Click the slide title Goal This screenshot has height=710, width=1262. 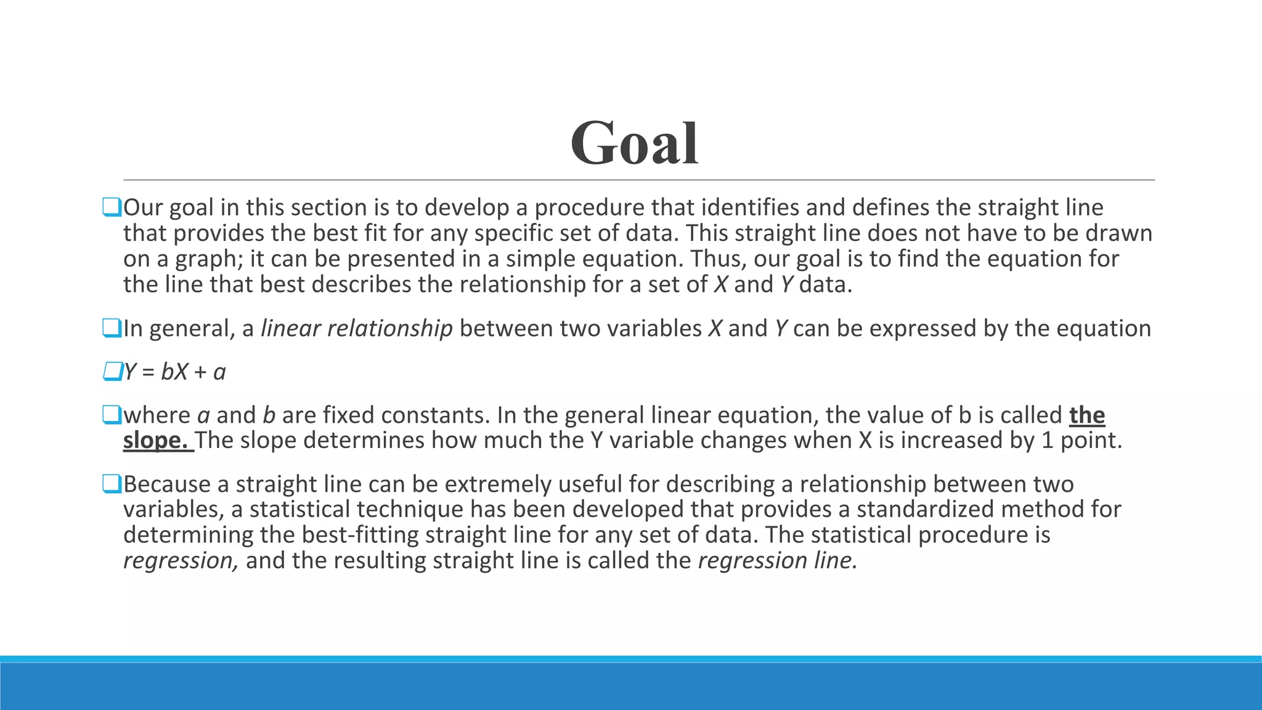click(x=634, y=144)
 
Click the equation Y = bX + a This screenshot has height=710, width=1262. click(x=175, y=372)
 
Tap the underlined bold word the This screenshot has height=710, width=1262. click(x=1087, y=415)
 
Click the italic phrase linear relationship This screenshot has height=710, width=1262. click(x=357, y=328)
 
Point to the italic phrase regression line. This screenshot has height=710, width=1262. click(x=777, y=561)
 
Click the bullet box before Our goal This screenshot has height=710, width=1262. click(x=112, y=207)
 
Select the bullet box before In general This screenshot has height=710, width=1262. click(x=112, y=328)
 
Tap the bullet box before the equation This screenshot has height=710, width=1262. click(x=112, y=372)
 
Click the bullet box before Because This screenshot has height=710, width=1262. click(x=112, y=484)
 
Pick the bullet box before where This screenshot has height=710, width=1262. click(x=112, y=415)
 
